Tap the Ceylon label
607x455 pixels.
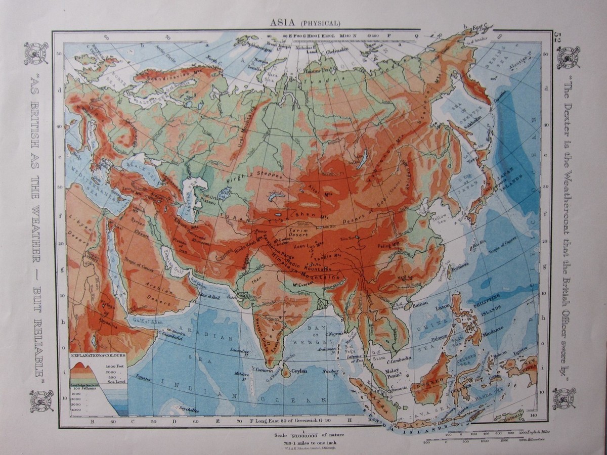click(299, 371)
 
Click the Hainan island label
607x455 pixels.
click(419, 305)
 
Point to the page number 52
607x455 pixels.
click(558, 37)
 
